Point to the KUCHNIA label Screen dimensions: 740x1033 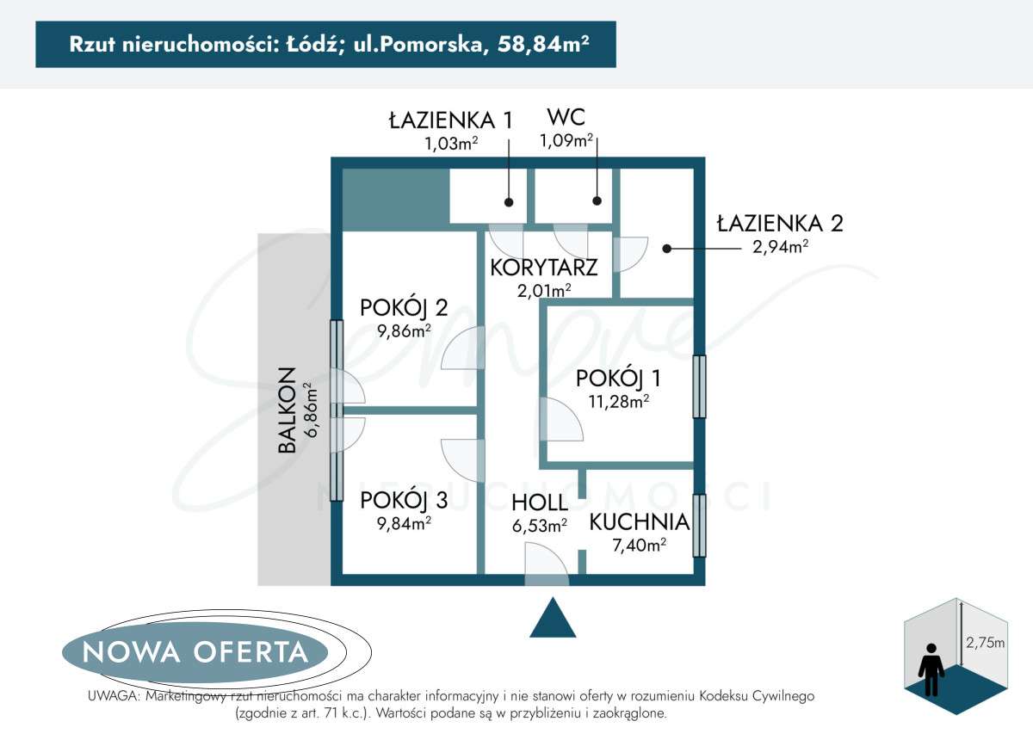click(x=639, y=521)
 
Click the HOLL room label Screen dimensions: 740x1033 click(x=540, y=503)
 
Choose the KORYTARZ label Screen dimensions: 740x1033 click(x=544, y=267)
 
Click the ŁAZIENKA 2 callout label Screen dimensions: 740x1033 click(x=780, y=224)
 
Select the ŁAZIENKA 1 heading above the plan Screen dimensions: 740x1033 click(x=450, y=120)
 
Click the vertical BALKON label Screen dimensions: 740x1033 click(x=288, y=410)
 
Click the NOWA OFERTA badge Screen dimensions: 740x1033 click(x=195, y=652)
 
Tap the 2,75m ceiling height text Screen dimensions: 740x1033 click(x=985, y=642)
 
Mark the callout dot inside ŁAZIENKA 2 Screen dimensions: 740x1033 click(x=666, y=249)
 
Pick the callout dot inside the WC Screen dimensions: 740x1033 click(x=597, y=201)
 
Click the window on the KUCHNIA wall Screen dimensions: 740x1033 click(x=700, y=525)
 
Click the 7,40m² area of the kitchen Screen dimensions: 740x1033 click(x=638, y=544)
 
